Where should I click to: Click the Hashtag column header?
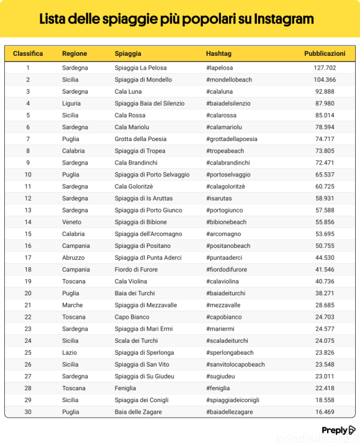tap(218, 53)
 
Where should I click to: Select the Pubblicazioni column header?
tap(325, 53)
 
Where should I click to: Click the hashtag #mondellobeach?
tap(229, 80)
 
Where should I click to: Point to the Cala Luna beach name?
tap(128, 92)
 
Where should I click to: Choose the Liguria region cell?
tap(72, 103)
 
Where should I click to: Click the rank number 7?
tap(28, 139)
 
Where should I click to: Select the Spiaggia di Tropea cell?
tap(140, 151)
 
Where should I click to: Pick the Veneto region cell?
tap(72, 222)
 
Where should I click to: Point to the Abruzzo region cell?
tap(74, 258)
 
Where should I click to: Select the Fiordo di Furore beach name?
tap(137, 270)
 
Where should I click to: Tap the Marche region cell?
tap(72, 305)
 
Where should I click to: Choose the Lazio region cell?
tap(70, 352)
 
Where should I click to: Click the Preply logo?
tap(338, 430)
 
